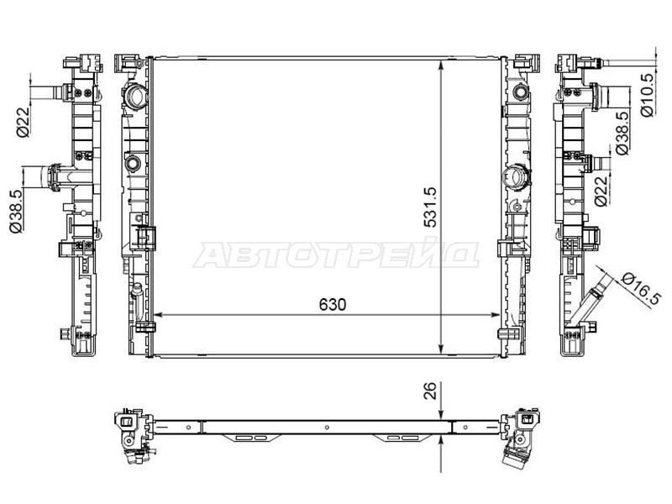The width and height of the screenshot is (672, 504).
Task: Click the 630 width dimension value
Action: coord(333,305)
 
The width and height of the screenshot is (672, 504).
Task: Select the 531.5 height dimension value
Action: coord(430,207)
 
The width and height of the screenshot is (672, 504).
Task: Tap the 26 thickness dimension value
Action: coord(430,391)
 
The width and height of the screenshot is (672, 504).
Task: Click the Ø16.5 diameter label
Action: coord(641,288)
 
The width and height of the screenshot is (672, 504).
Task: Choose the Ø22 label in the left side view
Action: coord(23,122)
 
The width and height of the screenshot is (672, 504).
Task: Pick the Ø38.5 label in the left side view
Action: coord(16,212)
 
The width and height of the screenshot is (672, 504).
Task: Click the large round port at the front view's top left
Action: coord(136,97)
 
